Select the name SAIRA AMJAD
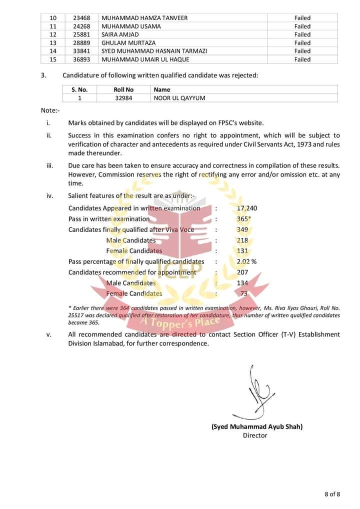[120, 34]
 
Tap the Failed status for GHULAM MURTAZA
[302, 43]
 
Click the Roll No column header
[123, 90]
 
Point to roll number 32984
[123, 98]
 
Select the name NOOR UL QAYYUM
[179, 98]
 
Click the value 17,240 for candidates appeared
[247, 208]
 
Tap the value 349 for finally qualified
[242, 229]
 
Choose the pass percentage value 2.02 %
[246, 261]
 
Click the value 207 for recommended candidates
[242, 272]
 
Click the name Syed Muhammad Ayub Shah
[257, 426]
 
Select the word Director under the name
[255, 435]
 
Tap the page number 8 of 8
[332, 494]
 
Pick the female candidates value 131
[242, 251]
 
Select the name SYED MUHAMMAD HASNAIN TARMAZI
[154, 51]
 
